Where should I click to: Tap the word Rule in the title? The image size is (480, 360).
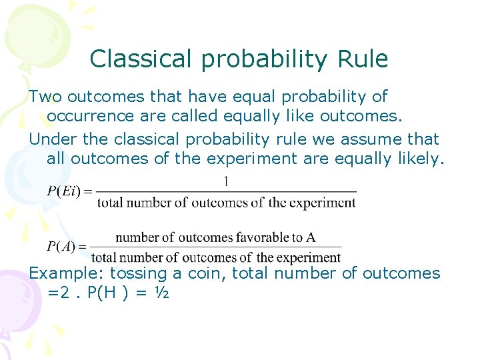[x=363, y=59]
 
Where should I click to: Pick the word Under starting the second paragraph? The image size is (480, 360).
[x=51, y=139]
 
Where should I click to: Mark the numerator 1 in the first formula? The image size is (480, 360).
[x=227, y=181]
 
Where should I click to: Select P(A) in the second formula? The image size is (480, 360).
[x=61, y=247]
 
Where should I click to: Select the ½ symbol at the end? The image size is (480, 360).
[x=161, y=293]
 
